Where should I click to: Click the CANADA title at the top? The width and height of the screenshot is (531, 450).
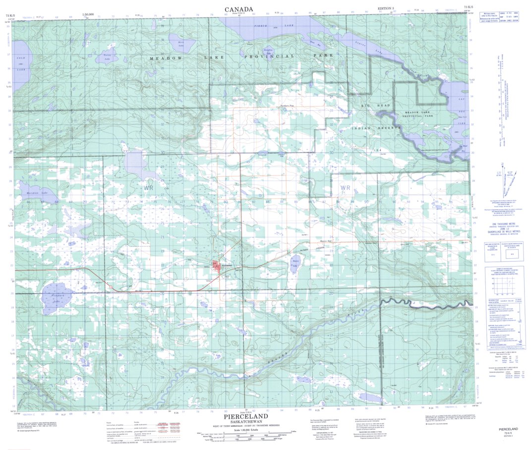(238, 9)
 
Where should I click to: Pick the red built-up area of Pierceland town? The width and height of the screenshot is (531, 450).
(217, 268)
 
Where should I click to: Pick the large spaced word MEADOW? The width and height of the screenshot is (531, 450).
(167, 58)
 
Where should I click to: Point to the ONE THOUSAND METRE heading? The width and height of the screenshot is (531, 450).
(502, 224)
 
